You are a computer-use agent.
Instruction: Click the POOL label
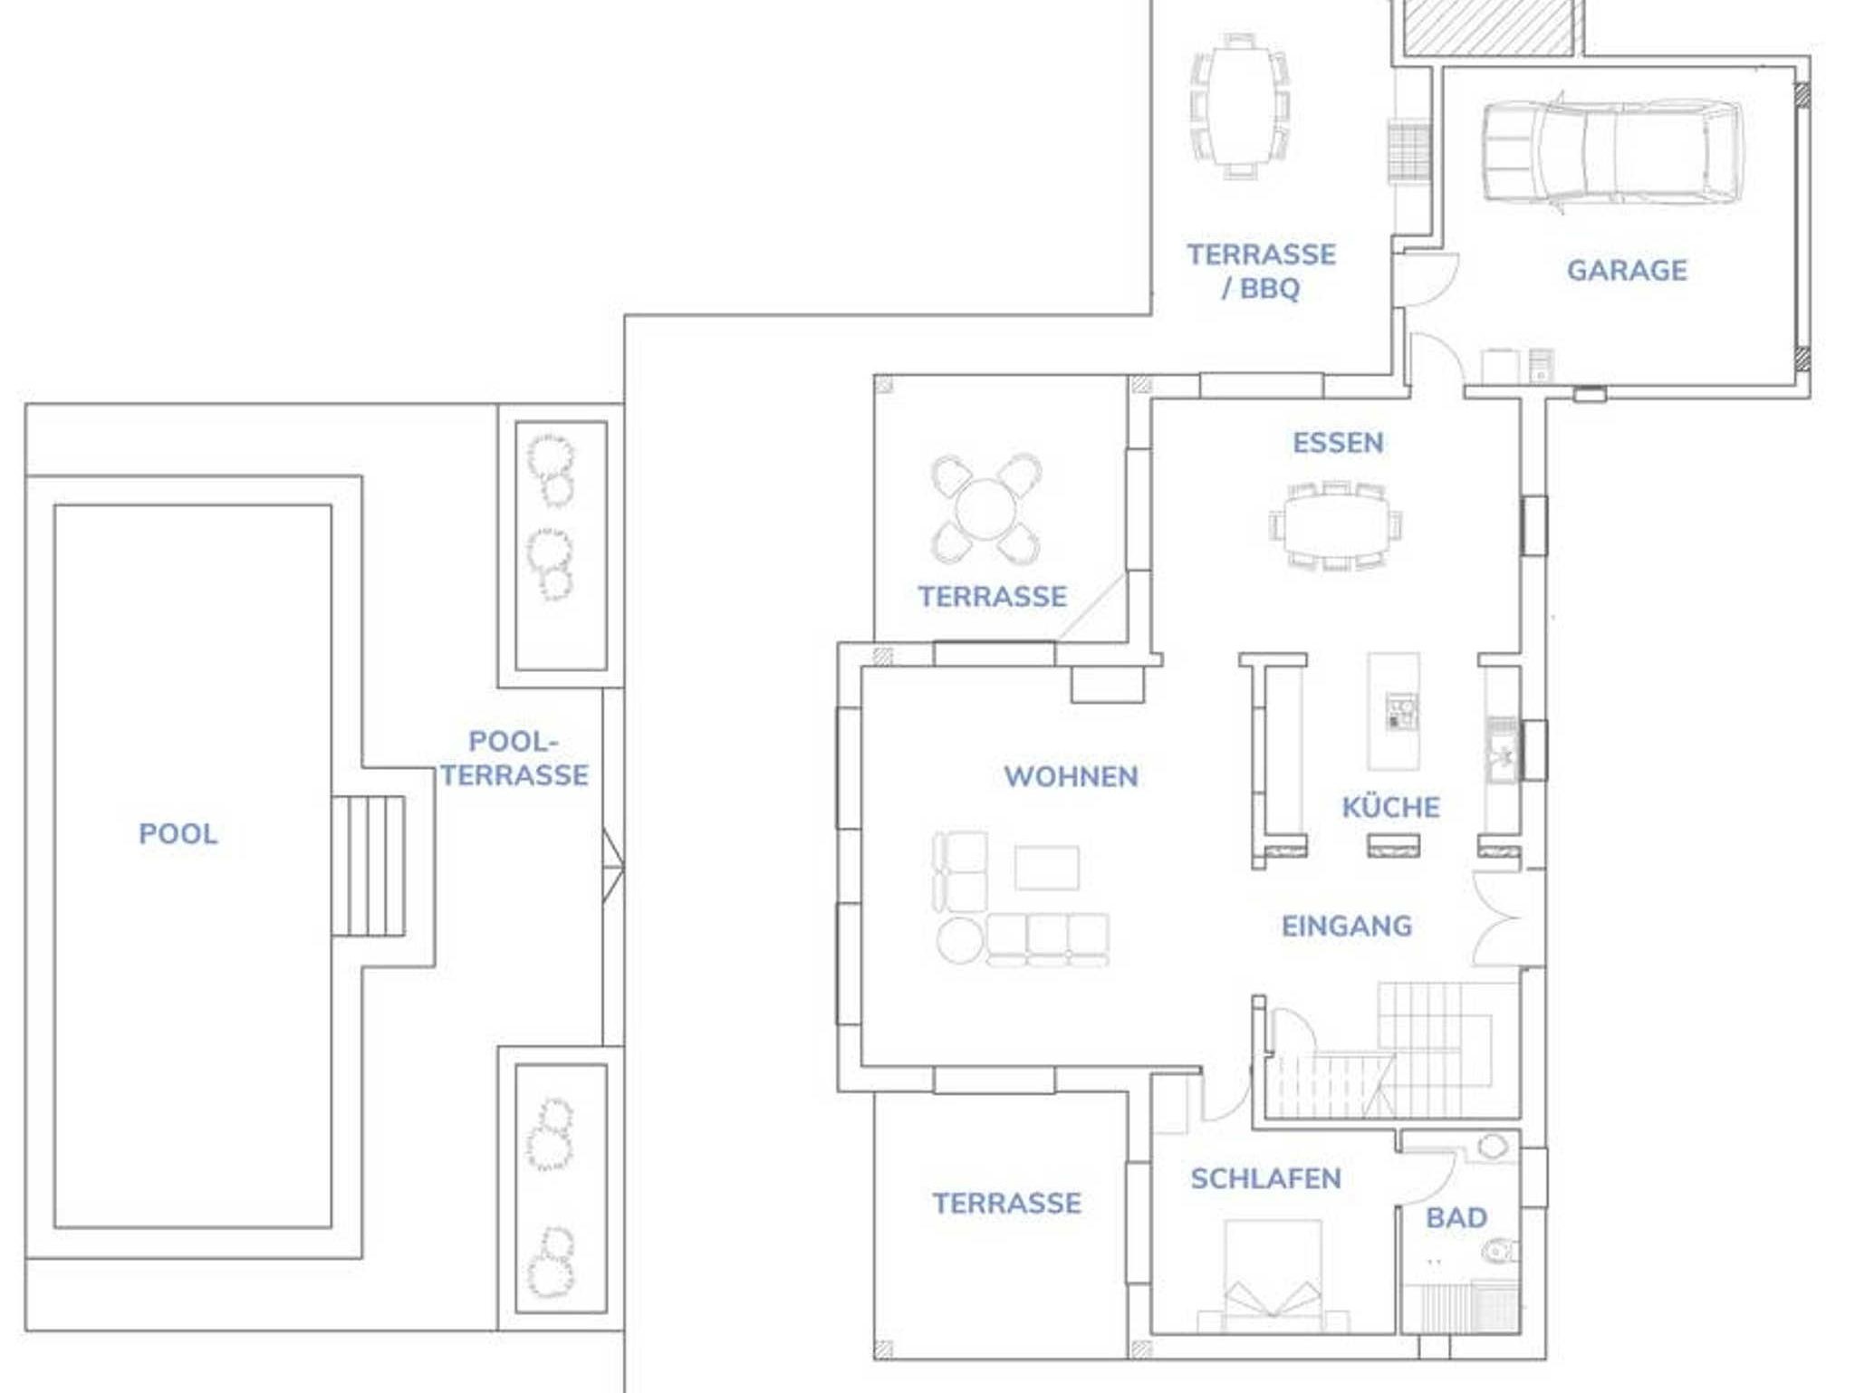(178, 834)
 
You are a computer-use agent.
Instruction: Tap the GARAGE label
(1627, 270)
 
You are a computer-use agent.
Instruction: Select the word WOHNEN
(1071, 776)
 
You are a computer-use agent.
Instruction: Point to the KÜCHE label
(1390, 806)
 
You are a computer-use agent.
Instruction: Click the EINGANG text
(1346, 926)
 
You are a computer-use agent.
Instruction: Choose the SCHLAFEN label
(1265, 1178)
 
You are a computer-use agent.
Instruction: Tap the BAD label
(1456, 1217)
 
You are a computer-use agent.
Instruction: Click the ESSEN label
(1338, 443)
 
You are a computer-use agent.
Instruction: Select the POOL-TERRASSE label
(514, 758)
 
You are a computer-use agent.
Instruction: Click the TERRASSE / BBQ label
(1261, 271)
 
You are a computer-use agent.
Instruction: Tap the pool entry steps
(368, 866)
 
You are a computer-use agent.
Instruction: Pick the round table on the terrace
(986, 510)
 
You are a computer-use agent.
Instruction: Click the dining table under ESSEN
(1336, 526)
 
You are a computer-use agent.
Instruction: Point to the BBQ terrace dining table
(1239, 106)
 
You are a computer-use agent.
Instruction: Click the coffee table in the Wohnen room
(1046, 869)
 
